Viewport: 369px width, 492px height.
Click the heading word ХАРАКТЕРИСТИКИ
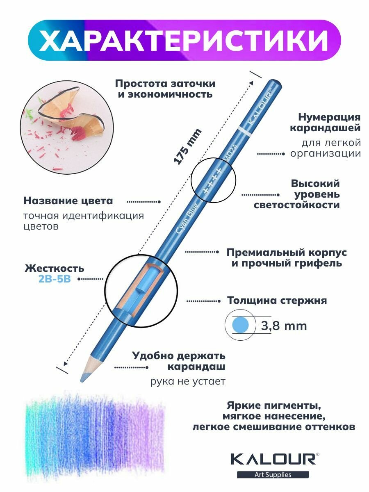pyautogui.click(x=184, y=40)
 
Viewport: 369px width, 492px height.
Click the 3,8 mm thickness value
pyautogui.click(x=284, y=326)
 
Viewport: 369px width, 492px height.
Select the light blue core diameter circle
pyautogui.click(x=241, y=326)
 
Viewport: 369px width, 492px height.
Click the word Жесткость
pyautogui.click(x=55, y=269)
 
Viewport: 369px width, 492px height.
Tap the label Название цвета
pyautogui.click(x=68, y=201)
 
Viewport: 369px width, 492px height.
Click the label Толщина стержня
pyautogui.click(x=277, y=301)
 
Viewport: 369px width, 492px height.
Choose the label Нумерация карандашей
pyautogui.click(x=325, y=123)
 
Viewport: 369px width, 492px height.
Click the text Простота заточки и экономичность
pyautogui.click(x=165, y=89)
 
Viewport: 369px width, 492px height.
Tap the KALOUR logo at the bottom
pyautogui.click(x=273, y=458)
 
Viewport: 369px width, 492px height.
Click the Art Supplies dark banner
pyautogui.click(x=273, y=474)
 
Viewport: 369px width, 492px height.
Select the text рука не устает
pyautogui.click(x=188, y=382)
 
